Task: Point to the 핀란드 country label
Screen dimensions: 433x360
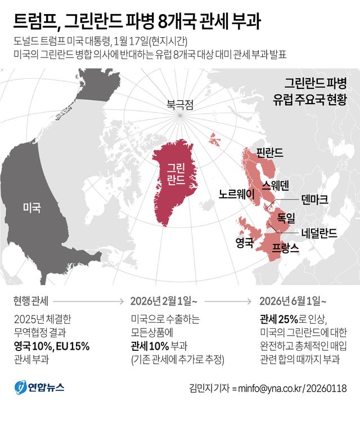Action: [269, 153]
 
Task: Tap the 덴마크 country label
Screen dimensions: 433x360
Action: [314, 199]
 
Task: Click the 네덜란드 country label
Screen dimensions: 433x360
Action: [319, 233]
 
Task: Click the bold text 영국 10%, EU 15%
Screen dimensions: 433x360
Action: [51, 346]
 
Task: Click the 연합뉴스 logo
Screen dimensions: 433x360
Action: [39, 388]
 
